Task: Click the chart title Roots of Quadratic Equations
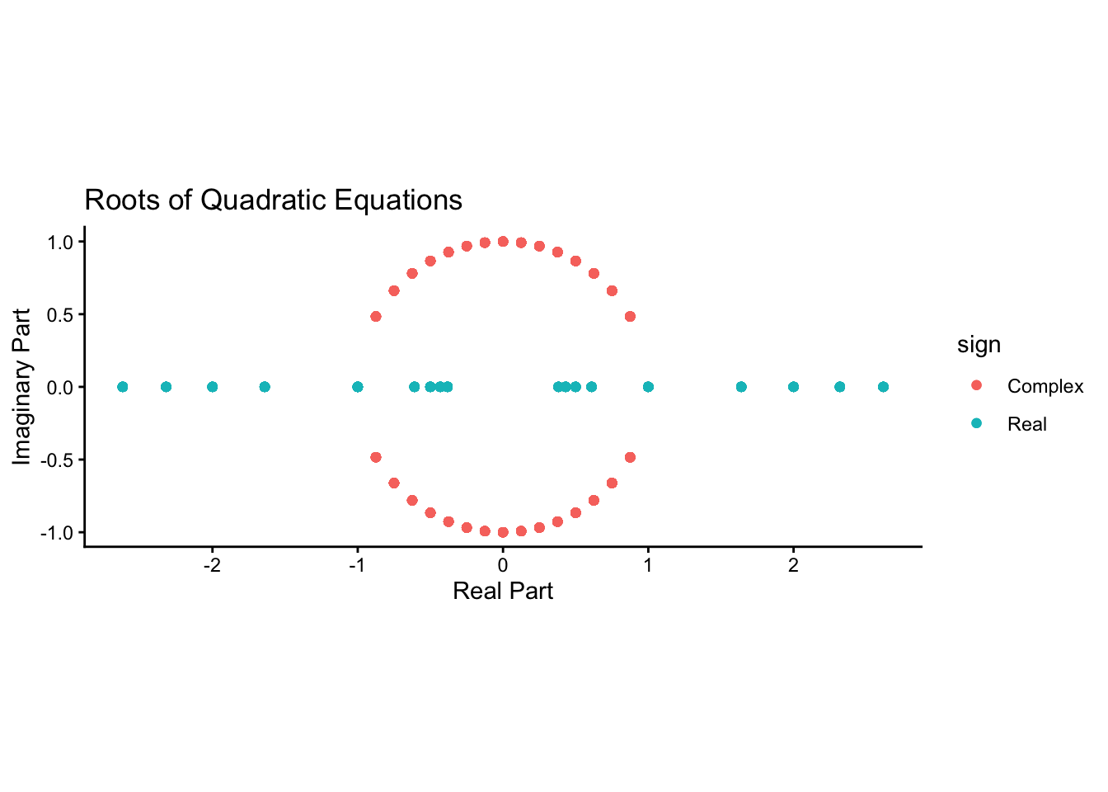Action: (273, 200)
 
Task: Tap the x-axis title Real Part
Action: (503, 591)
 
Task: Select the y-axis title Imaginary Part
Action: (21, 387)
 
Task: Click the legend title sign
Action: (979, 345)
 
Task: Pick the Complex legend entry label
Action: (1045, 386)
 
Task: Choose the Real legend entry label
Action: (1027, 424)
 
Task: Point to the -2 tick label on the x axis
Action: (212, 565)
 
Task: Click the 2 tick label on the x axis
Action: (793, 565)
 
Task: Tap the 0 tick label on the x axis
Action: (503, 565)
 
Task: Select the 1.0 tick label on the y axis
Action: (60, 243)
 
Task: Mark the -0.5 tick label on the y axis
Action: (57, 460)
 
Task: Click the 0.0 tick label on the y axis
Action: (60, 388)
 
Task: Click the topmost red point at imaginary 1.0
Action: (503, 242)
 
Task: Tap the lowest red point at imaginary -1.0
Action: (503, 532)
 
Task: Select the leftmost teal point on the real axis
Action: (123, 387)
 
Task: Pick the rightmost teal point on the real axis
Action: (884, 387)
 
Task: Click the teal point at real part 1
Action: (649, 387)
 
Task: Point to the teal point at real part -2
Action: (212, 387)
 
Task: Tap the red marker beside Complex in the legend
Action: (976, 385)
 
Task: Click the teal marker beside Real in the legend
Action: (976, 422)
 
